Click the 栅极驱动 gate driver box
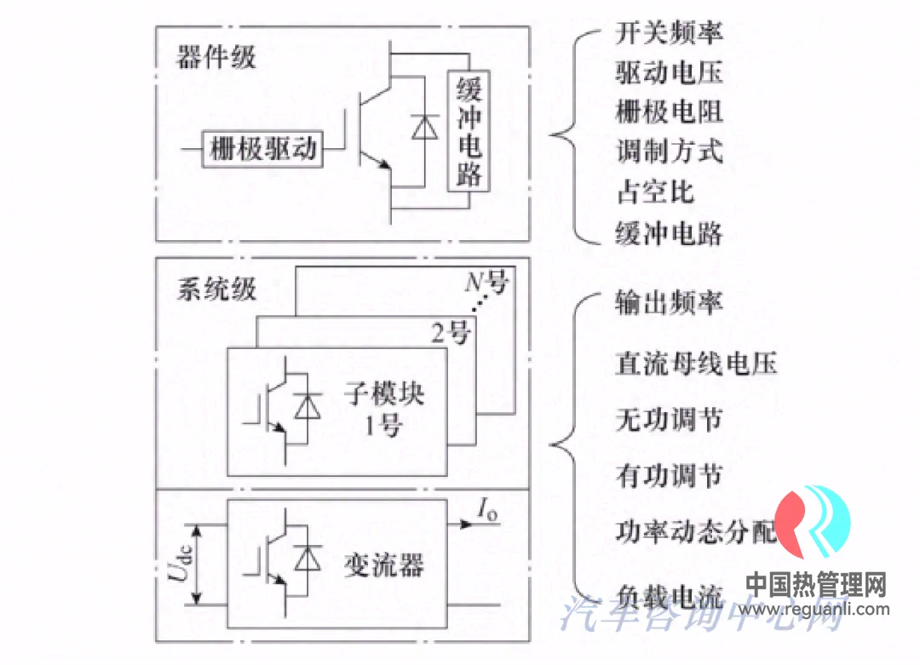pyautogui.click(x=263, y=149)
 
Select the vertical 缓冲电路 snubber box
pyautogui.click(x=469, y=129)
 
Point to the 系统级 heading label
pyautogui.click(x=216, y=289)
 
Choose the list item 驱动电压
pyautogui.click(x=669, y=72)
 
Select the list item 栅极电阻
pyautogui.click(x=669, y=112)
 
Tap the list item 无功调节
pyautogui.click(x=669, y=420)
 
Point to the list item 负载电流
pyautogui.click(x=669, y=593)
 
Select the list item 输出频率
pyautogui.click(x=669, y=304)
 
